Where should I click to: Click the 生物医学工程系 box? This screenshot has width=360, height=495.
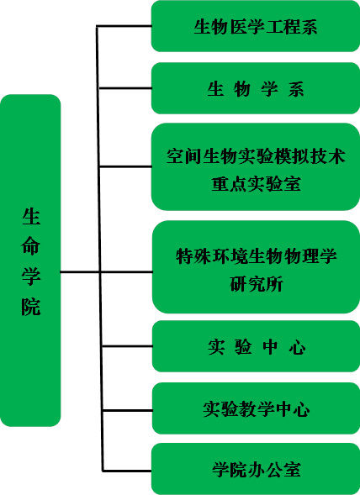256,26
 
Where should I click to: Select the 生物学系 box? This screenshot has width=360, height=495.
256,88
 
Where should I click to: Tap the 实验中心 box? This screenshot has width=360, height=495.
256,346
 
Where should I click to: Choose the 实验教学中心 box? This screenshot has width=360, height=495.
256,408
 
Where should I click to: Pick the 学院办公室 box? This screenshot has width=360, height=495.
256,469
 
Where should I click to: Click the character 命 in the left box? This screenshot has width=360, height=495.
31,245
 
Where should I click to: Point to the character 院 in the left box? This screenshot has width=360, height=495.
31,306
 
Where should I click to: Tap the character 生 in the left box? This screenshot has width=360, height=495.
31,216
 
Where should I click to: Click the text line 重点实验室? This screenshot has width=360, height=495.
256,183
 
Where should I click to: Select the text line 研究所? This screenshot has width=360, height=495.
256,284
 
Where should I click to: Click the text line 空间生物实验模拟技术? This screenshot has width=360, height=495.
256,156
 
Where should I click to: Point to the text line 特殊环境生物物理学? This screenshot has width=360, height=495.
257,256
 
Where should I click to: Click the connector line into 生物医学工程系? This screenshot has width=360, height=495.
124,26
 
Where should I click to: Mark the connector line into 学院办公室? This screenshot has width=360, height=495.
127,471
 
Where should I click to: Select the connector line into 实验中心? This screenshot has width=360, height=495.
127,346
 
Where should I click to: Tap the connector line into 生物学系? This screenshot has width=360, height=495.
125,88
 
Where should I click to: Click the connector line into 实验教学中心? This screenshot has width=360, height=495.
128,410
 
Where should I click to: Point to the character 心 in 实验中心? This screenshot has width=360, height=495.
297,347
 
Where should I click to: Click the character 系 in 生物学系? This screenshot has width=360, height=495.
296,89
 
